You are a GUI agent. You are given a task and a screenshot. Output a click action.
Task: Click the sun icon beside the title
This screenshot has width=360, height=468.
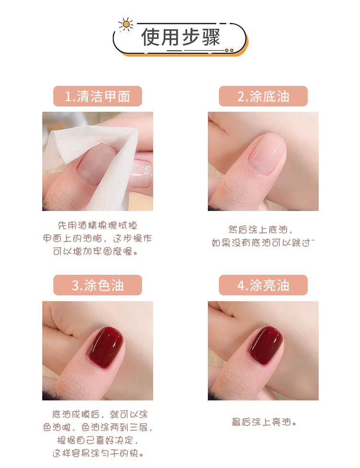(126, 24)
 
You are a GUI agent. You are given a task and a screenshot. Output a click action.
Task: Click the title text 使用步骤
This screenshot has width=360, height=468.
(181, 37)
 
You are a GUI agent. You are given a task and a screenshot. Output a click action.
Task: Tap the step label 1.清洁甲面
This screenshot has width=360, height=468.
(97, 96)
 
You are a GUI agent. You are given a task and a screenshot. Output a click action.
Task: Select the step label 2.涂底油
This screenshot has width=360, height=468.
(263, 96)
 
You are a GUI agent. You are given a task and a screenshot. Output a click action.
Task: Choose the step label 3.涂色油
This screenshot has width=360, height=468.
(97, 285)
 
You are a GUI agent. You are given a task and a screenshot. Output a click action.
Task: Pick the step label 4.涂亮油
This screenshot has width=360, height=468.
(263, 285)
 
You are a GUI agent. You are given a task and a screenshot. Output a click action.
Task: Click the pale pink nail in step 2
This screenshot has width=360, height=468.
(266, 154)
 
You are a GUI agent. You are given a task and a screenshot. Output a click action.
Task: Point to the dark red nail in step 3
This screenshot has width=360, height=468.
(106, 346)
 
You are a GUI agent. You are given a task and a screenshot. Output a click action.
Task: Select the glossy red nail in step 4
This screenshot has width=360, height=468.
(266, 345)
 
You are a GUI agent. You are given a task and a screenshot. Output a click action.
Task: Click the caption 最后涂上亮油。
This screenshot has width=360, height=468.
(264, 422)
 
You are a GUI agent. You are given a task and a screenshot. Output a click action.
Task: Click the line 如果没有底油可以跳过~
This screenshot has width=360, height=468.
(263, 243)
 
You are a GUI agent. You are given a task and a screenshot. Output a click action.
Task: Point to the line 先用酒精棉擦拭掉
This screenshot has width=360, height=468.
(97, 225)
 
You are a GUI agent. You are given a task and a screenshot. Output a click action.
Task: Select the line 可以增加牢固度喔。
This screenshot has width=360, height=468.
(96, 251)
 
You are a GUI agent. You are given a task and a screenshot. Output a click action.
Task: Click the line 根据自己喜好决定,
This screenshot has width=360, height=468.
(97, 440)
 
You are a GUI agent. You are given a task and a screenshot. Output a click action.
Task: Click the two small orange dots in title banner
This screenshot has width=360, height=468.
(229, 50)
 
